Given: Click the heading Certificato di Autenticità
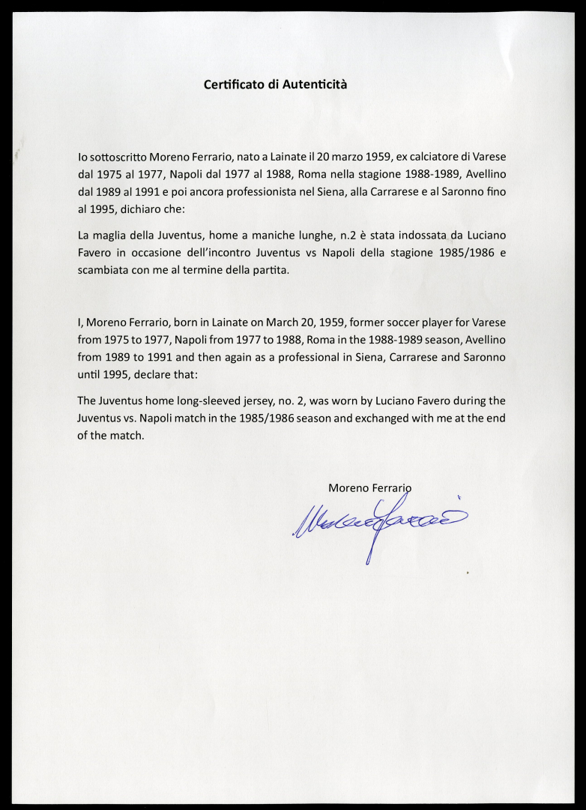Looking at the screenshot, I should [275, 85].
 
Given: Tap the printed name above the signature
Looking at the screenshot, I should [369, 487].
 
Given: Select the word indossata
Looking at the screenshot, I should [423, 235].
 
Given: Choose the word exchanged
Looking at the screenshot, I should [372, 417].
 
